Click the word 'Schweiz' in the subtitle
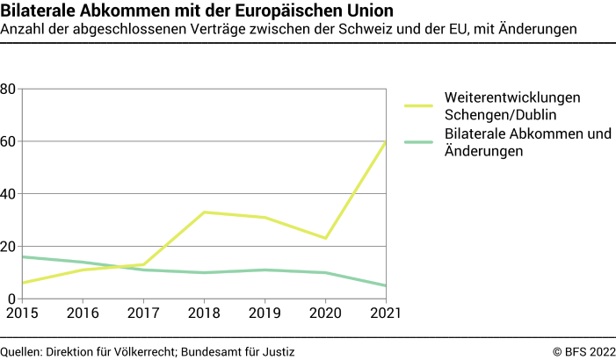[404, 30]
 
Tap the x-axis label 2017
[142, 312]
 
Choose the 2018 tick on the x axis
[204, 312]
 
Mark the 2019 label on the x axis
[265, 312]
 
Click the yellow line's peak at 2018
[204, 212]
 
